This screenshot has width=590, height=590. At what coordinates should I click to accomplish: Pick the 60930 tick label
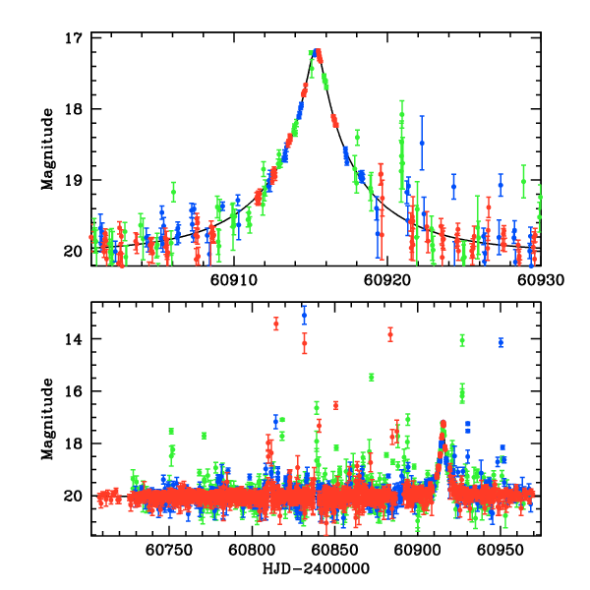(x=540, y=279)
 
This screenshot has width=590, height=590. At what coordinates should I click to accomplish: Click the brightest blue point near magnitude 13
(x=304, y=316)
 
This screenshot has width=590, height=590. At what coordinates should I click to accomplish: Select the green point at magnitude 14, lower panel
(x=462, y=340)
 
